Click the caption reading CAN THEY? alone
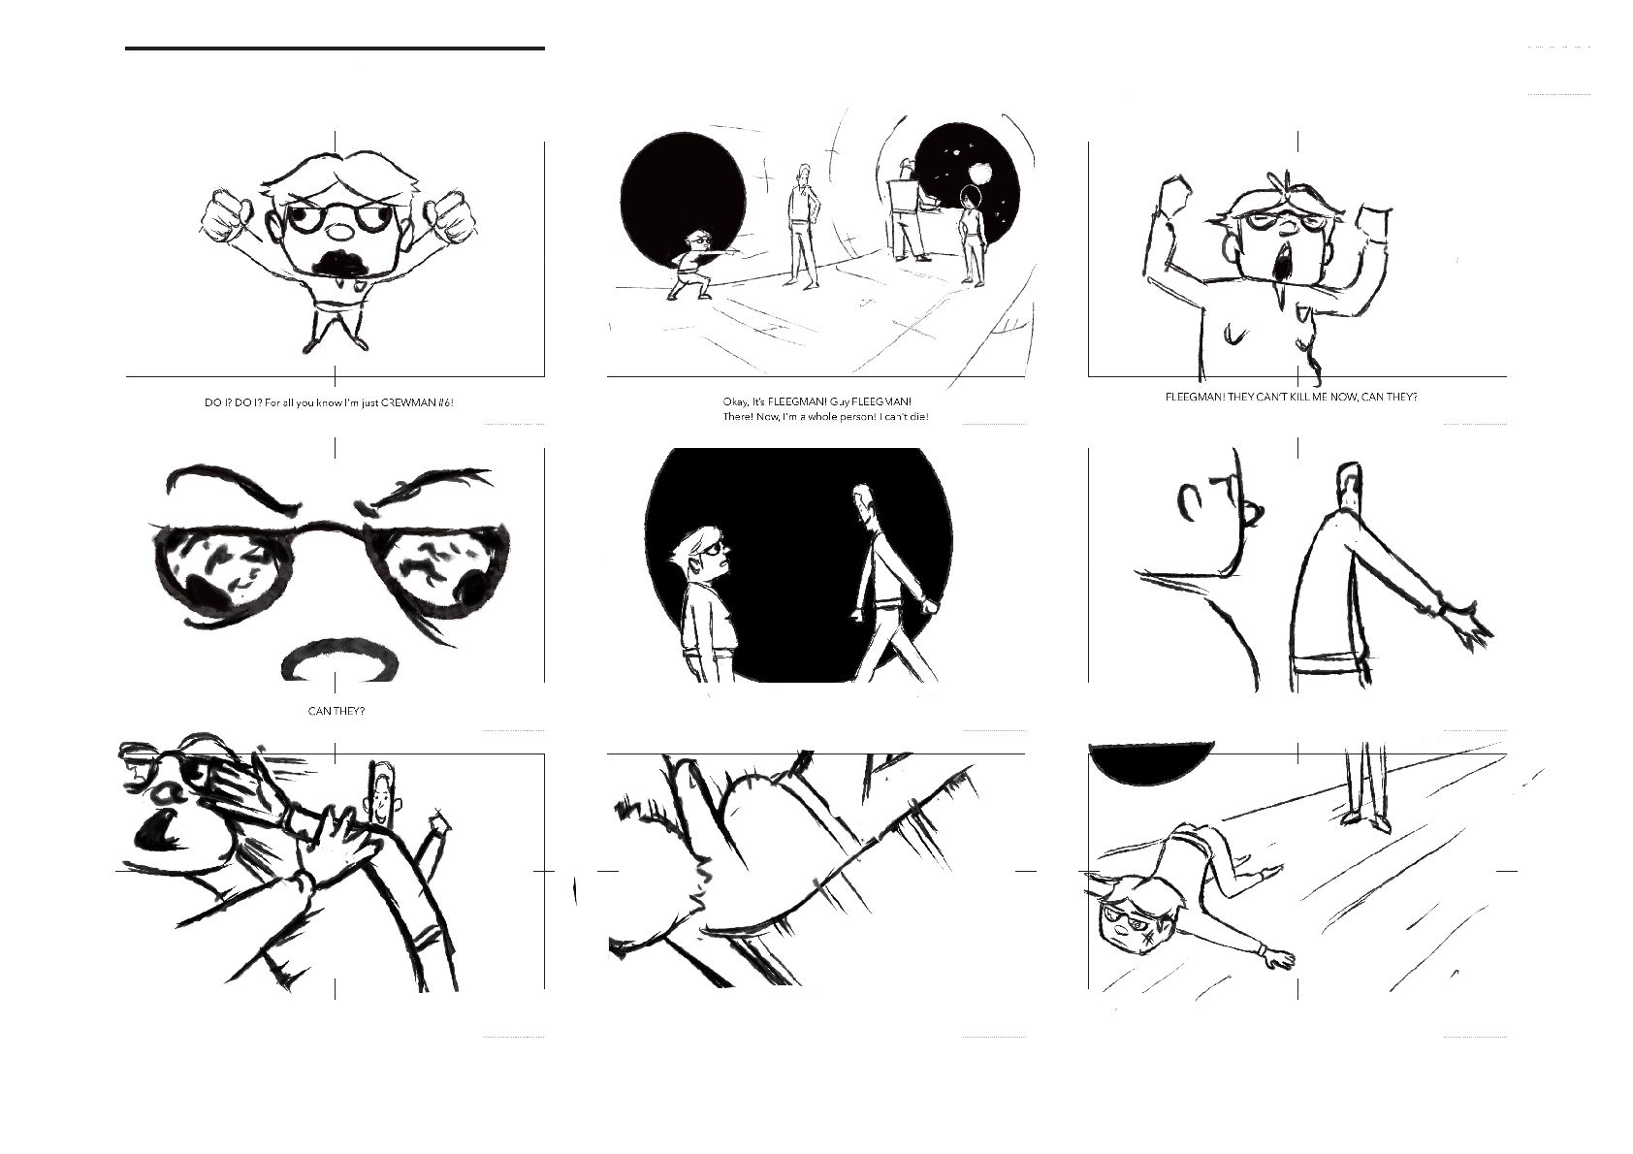tap(336, 712)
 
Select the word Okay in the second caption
tap(736, 402)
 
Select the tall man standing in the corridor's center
tap(802, 226)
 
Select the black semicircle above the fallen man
tap(1152, 765)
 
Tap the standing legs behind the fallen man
tap(1364, 787)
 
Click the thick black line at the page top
tap(335, 48)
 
